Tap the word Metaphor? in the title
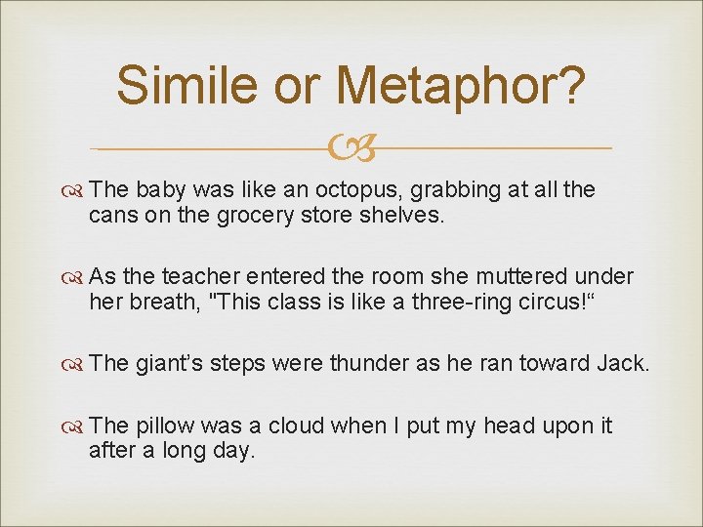pos(460,87)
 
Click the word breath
pos(162,302)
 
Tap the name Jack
pos(625,363)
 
